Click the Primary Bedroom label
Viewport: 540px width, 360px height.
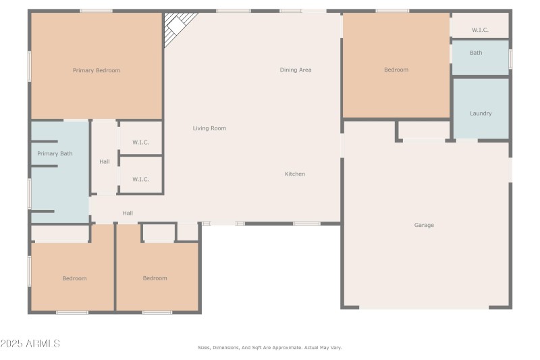click(97, 70)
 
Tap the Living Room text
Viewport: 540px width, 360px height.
click(209, 128)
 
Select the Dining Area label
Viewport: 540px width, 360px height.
click(296, 70)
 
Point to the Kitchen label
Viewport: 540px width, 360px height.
click(295, 174)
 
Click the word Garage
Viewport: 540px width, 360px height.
click(424, 225)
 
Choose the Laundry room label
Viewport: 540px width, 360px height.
click(481, 113)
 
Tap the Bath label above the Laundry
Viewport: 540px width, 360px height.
click(476, 53)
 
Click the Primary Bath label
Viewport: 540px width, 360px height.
click(55, 154)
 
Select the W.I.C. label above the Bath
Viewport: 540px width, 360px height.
click(480, 30)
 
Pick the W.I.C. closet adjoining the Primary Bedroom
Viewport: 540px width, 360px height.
click(140, 143)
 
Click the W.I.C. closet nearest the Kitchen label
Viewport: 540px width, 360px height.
click(140, 179)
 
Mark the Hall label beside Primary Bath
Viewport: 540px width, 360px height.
click(105, 161)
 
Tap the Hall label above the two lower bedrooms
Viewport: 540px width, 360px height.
click(128, 213)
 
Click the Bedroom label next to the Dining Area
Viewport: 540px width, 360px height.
click(396, 70)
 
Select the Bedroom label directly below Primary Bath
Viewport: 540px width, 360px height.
click(74, 278)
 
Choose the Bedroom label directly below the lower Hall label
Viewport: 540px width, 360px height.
click(155, 278)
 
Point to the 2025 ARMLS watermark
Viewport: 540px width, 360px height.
click(30, 344)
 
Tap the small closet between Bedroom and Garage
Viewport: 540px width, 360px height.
click(423, 130)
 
